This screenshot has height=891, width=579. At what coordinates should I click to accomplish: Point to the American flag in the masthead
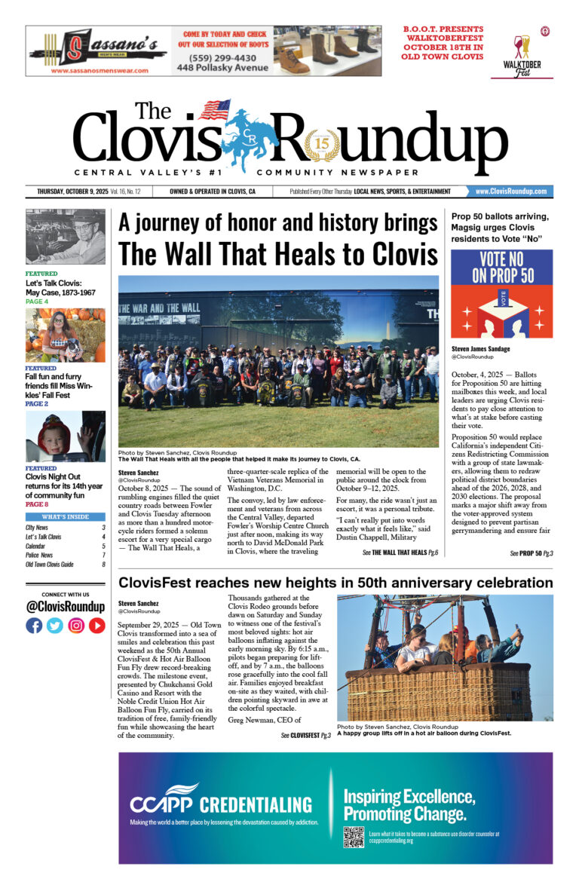214,110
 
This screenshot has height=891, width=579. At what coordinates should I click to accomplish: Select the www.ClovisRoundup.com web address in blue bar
510,191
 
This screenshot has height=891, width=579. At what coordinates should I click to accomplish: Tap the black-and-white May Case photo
66,236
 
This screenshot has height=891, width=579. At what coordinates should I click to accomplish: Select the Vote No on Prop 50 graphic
501,294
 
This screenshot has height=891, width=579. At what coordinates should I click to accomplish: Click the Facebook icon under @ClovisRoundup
34,625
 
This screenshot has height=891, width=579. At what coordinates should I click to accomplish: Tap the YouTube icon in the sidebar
97,625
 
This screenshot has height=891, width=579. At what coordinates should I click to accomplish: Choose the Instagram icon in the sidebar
76,625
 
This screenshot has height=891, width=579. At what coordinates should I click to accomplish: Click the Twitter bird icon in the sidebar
55,625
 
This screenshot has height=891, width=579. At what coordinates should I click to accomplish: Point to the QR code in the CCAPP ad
354,837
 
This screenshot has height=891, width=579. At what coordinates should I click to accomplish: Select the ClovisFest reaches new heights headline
335,583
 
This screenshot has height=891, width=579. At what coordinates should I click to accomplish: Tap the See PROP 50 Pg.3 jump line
531,553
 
